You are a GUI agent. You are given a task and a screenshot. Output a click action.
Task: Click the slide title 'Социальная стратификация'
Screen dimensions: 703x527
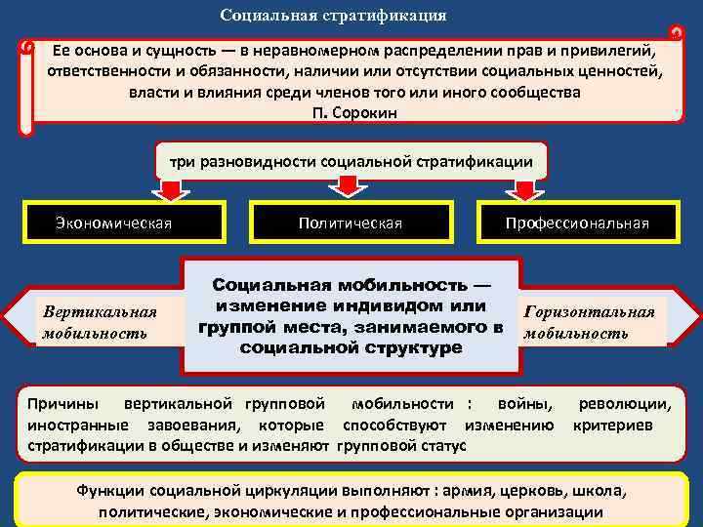coord(333,16)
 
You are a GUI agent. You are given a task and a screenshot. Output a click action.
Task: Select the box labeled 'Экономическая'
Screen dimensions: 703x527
coord(113,223)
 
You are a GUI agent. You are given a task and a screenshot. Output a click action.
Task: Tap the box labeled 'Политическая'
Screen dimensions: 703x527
coord(351,223)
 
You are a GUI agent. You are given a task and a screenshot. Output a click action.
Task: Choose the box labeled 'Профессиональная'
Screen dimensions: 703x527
coord(577,223)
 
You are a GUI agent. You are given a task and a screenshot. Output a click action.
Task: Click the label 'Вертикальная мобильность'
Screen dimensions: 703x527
coord(99,322)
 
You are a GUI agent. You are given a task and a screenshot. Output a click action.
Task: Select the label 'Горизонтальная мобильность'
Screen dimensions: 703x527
coord(589,322)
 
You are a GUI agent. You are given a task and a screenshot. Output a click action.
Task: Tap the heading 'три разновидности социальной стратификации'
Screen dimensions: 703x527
coord(351,161)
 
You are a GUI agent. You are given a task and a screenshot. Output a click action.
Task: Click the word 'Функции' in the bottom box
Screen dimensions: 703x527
coord(108,491)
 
